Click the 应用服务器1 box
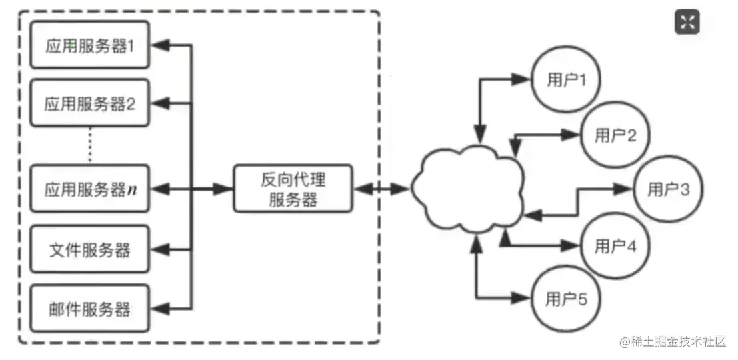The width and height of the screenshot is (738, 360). click(x=90, y=46)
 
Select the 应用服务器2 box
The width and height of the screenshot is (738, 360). click(x=90, y=103)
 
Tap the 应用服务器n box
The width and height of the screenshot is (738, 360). click(x=90, y=189)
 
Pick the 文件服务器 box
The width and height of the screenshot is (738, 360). click(x=90, y=250)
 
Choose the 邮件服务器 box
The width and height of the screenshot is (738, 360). click(x=90, y=309)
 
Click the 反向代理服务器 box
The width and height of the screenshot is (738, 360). click(x=293, y=189)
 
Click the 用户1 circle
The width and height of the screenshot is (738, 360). click(x=566, y=79)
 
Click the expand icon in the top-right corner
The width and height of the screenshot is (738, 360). click(x=688, y=22)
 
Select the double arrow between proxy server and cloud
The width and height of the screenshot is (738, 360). click(x=381, y=189)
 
